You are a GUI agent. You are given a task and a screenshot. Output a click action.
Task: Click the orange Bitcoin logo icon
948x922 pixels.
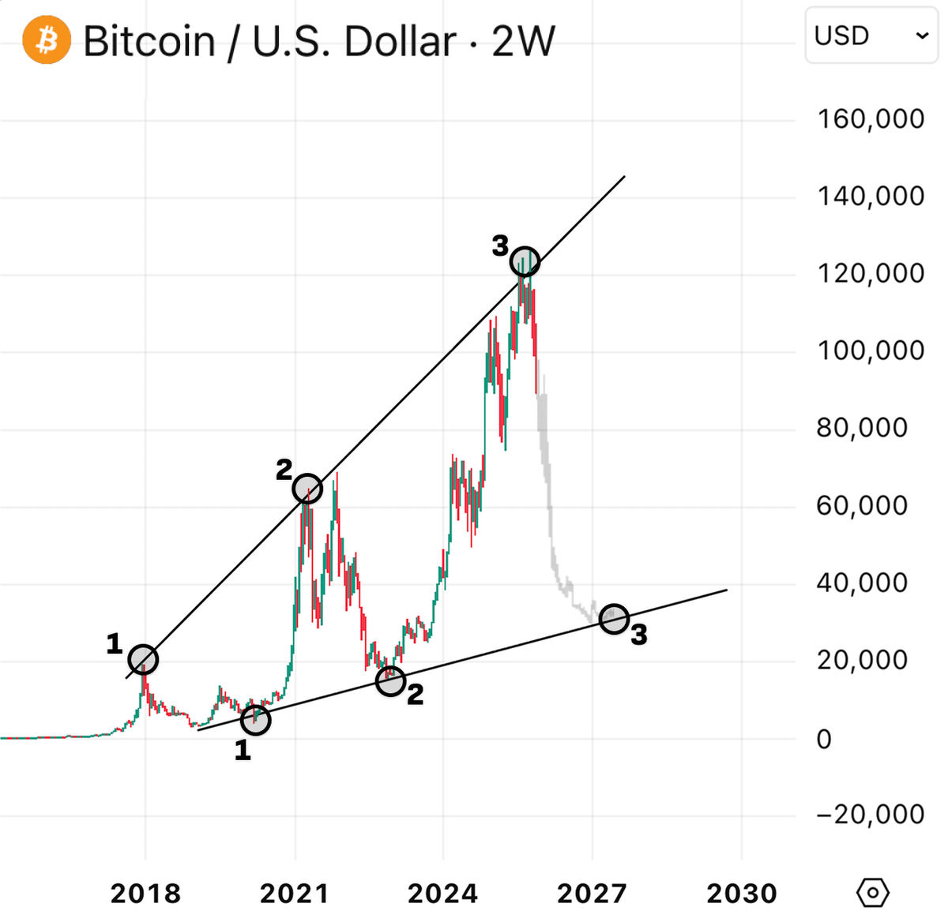(47, 39)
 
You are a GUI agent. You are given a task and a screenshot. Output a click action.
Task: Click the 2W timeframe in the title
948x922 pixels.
(524, 41)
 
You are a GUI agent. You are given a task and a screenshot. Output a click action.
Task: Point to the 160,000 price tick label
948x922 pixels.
(871, 119)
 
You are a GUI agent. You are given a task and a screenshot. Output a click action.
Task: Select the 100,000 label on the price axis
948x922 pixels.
(871, 350)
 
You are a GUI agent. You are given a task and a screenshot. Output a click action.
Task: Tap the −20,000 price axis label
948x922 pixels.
(869, 814)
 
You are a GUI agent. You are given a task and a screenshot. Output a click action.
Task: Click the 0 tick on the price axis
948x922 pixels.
(824, 739)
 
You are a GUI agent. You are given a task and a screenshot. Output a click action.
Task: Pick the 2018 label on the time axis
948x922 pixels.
(145, 894)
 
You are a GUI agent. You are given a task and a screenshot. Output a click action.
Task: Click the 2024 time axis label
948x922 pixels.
(443, 894)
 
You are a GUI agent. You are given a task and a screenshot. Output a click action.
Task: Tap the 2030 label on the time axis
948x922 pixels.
(742, 894)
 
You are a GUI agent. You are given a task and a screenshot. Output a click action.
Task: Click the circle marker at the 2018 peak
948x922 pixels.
(143, 659)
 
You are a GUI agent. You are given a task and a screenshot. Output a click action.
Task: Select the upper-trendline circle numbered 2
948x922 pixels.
(307, 489)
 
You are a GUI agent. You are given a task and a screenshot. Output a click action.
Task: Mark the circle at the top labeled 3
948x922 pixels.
(525, 261)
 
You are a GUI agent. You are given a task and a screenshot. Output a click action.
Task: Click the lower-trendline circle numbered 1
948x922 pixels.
(256, 719)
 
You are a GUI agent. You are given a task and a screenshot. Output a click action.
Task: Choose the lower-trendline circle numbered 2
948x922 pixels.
(390, 680)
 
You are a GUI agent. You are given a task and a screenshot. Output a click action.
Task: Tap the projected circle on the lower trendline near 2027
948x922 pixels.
(614, 619)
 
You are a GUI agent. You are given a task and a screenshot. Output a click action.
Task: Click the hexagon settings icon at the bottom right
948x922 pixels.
(873, 893)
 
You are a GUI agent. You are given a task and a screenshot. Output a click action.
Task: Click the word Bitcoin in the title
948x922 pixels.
(149, 41)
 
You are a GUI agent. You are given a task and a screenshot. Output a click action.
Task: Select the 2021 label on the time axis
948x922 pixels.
(295, 894)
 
